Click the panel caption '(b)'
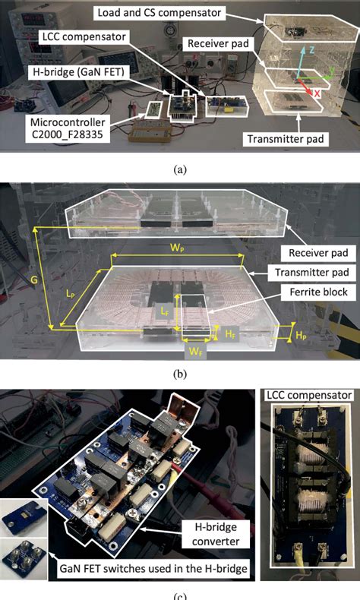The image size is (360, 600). [x=180, y=374]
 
